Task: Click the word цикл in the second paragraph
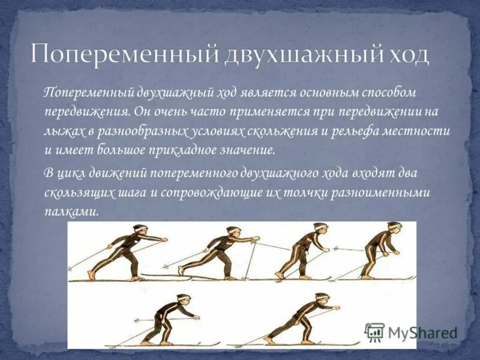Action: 72,174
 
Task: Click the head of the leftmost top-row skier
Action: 140,231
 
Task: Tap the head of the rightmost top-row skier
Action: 393,229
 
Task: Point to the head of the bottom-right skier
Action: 322,298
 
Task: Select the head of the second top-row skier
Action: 233,232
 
